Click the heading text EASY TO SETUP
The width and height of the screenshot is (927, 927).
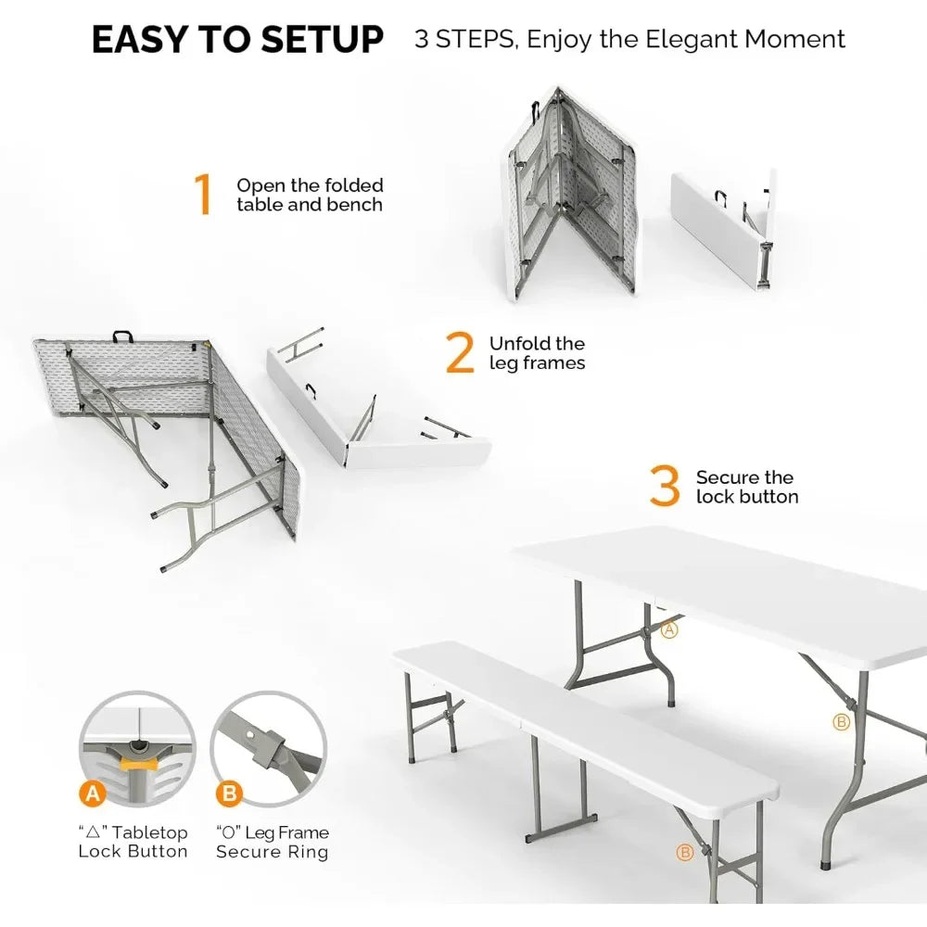237,40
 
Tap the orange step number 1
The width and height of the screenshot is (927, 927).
202,195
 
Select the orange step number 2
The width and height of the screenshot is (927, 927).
460,353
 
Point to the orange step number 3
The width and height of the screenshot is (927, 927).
665,487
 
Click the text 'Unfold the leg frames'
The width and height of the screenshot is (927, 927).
538,353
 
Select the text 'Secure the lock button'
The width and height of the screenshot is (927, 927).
746,487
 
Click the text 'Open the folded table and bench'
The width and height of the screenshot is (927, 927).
310,195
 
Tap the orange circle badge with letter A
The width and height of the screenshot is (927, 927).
92,793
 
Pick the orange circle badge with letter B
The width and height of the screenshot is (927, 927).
227,794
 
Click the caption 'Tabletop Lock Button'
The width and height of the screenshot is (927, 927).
133,842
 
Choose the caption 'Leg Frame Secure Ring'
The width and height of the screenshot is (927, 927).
272,842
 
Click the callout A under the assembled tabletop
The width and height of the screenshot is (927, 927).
670,629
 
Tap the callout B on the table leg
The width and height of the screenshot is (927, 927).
841,721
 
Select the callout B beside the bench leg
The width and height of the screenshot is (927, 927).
686,852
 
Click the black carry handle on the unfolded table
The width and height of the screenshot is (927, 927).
121,337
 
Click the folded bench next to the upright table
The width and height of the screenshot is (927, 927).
723,227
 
